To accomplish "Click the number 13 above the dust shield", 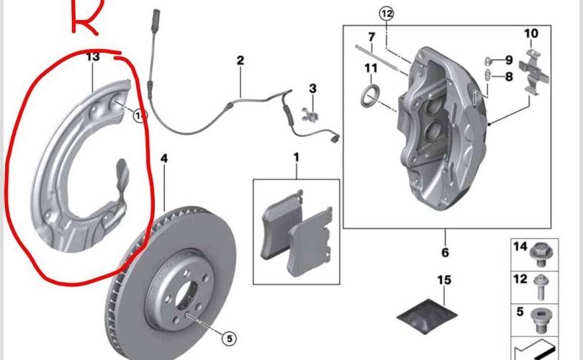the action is (x=93, y=57).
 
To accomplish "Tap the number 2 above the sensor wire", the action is (x=240, y=60).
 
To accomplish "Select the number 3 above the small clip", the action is (x=313, y=89).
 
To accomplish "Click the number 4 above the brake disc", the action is (x=164, y=159).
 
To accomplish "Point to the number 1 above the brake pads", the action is (x=297, y=157).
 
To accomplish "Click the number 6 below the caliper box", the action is (x=445, y=253).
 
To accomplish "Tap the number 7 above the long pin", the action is (x=371, y=37).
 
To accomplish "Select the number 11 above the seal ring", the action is (x=371, y=68).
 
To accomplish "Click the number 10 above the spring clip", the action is (x=531, y=33).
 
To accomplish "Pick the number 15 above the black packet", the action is (x=444, y=279).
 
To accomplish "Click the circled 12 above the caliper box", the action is (x=387, y=14).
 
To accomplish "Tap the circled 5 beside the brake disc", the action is (x=229, y=338).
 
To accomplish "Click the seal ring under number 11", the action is (x=371, y=96).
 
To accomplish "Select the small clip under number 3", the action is (x=310, y=114).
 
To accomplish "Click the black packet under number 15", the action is (x=427, y=315).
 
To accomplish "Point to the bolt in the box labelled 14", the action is (x=541, y=254).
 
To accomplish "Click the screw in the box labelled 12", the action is (x=540, y=287).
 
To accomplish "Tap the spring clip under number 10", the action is (x=533, y=72).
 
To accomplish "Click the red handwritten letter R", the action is (x=86, y=17).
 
